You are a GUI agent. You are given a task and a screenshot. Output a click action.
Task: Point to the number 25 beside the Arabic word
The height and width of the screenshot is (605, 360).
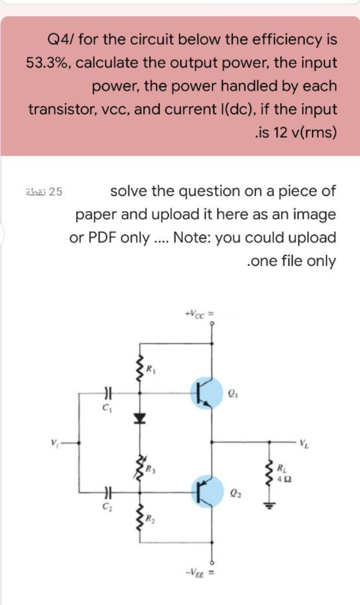56,191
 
